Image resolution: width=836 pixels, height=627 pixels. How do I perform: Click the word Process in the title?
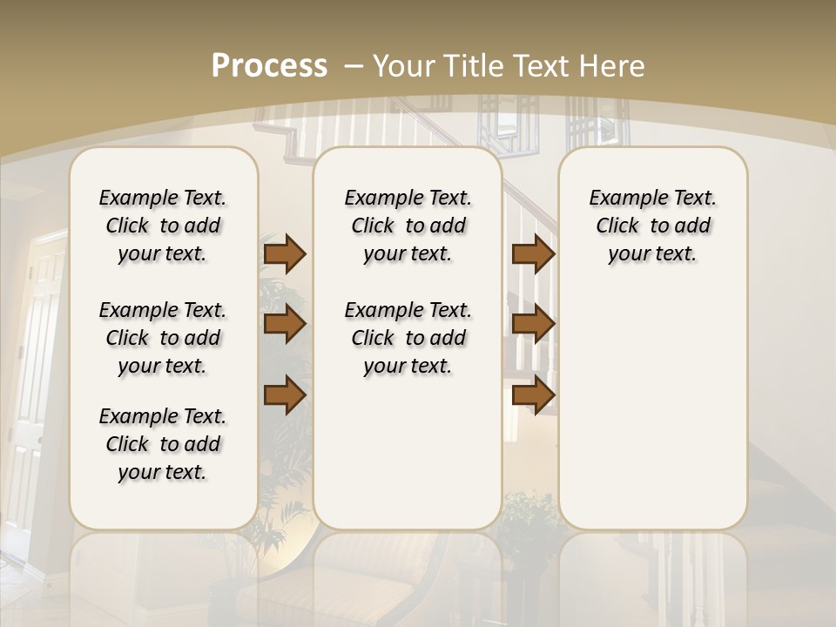coord(269,66)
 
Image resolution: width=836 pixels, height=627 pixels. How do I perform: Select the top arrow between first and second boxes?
coord(285,253)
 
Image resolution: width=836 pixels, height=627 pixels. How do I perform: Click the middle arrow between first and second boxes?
coord(285,324)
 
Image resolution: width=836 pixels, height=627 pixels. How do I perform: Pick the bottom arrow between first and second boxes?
coord(285,395)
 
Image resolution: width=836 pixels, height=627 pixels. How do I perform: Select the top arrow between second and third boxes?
coord(533,253)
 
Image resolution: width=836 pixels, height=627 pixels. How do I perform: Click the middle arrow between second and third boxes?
coord(533,324)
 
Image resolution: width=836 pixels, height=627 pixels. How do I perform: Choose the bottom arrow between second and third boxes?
coord(533,395)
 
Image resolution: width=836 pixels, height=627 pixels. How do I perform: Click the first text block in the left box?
coord(163,226)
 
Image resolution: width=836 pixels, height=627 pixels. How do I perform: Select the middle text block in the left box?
coord(163,338)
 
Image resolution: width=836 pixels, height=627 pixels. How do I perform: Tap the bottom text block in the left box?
coord(163,444)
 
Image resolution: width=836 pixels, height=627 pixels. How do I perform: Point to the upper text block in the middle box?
coord(408,226)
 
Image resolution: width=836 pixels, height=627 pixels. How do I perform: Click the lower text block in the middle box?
coord(408,338)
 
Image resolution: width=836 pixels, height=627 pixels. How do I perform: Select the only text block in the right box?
coord(652,226)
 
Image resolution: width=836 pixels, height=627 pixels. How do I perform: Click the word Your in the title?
coord(406,66)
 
